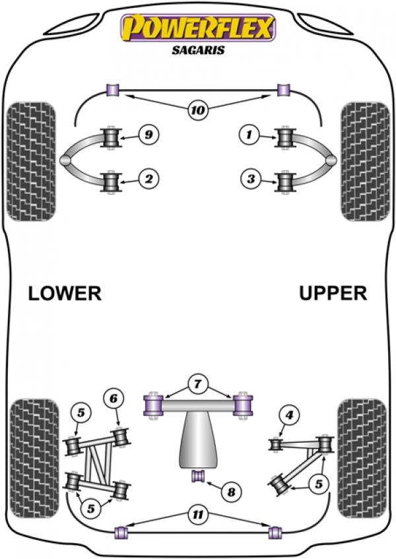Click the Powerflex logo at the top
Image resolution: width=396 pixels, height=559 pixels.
pos(198,28)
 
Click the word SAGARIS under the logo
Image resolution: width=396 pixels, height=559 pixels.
pos(198,49)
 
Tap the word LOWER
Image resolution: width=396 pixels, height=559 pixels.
pos(65,293)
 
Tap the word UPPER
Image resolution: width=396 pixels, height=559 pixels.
pos(333,293)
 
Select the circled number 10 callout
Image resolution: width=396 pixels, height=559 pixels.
pos(198,110)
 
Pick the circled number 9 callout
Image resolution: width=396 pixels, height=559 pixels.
pos(148,135)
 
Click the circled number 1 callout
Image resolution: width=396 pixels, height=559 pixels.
pos(249,135)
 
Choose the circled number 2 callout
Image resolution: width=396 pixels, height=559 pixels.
pos(148,178)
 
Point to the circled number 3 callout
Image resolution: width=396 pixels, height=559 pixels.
pos(251,178)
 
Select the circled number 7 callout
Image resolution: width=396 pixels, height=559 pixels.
pos(197,384)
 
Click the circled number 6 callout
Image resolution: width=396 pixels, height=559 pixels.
pos(114,399)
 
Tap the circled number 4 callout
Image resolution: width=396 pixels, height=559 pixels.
pos(289,414)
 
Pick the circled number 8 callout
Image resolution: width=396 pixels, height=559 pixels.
pos(231,492)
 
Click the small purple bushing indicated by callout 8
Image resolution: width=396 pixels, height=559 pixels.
pos(199,477)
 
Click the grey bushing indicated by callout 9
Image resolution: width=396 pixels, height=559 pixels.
pos(110,137)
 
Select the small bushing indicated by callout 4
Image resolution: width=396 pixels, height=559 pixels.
pos(275,445)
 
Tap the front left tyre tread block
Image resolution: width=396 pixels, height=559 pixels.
pos(32,162)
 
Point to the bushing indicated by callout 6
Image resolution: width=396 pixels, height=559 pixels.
pos(121,437)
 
